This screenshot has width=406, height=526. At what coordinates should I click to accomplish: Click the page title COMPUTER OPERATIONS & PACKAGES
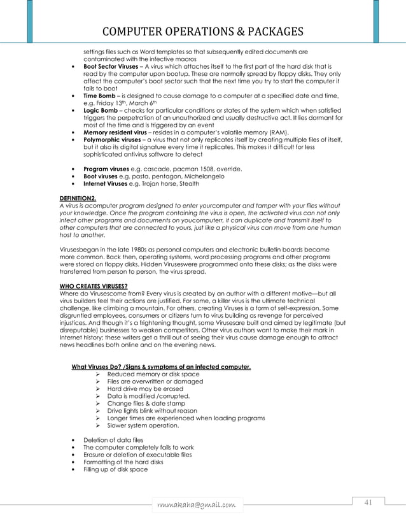coord(202,31)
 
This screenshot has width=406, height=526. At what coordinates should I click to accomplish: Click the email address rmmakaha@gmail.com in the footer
coord(197,505)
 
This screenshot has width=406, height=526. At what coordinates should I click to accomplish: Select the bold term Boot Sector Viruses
coord(111,66)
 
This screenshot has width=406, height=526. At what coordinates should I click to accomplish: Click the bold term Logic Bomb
coord(101,110)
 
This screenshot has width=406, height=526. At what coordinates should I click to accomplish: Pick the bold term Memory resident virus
coord(115,132)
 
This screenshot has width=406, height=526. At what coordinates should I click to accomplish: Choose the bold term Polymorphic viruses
coord(113,139)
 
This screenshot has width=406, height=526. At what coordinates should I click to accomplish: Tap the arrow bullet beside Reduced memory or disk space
coord(99,374)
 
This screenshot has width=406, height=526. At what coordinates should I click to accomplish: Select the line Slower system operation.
coord(143,425)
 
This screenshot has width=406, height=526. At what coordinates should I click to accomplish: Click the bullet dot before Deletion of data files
coord(76,440)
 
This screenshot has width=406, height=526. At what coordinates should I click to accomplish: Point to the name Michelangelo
coord(200,176)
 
